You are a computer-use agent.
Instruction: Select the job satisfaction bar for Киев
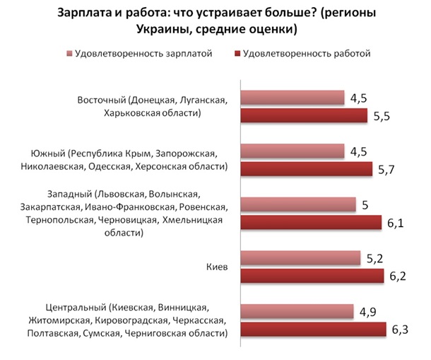click(312, 276)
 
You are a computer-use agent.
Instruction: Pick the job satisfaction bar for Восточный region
click(304, 115)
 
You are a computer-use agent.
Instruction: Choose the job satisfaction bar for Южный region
click(306, 168)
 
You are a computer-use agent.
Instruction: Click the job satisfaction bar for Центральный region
click(313, 330)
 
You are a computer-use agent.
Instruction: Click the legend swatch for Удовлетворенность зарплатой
click(69, 52)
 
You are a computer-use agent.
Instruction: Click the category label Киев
click(215, 267)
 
